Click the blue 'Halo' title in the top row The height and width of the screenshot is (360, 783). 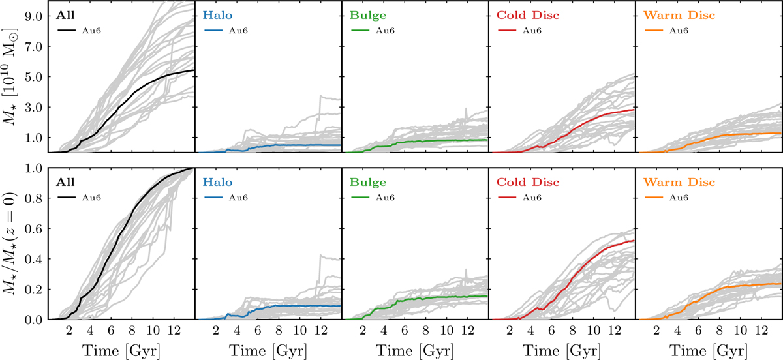point(214,14)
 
